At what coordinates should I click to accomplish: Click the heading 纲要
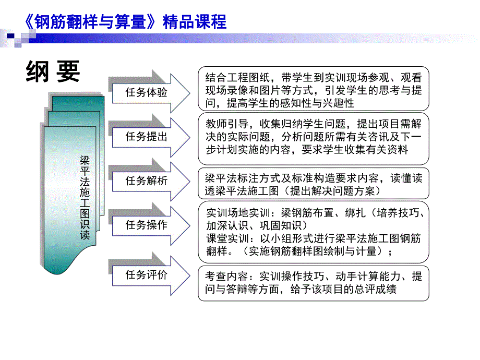pyautogui.click(x=53, y=72)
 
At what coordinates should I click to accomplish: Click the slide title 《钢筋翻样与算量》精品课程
pyautogui.click(x=125, y=21)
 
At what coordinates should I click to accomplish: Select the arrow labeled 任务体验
pyautogui.click(x=148, y=93)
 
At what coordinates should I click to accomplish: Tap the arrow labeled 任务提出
pyautogui.click(x=148, y=137)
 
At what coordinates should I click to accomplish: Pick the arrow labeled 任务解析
pyautogui.click(x=148, y=181)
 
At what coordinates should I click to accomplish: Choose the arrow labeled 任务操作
pyautogui.click(x=148, y=225)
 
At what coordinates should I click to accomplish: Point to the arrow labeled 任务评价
pyautogui.click(x=148, y=274)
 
